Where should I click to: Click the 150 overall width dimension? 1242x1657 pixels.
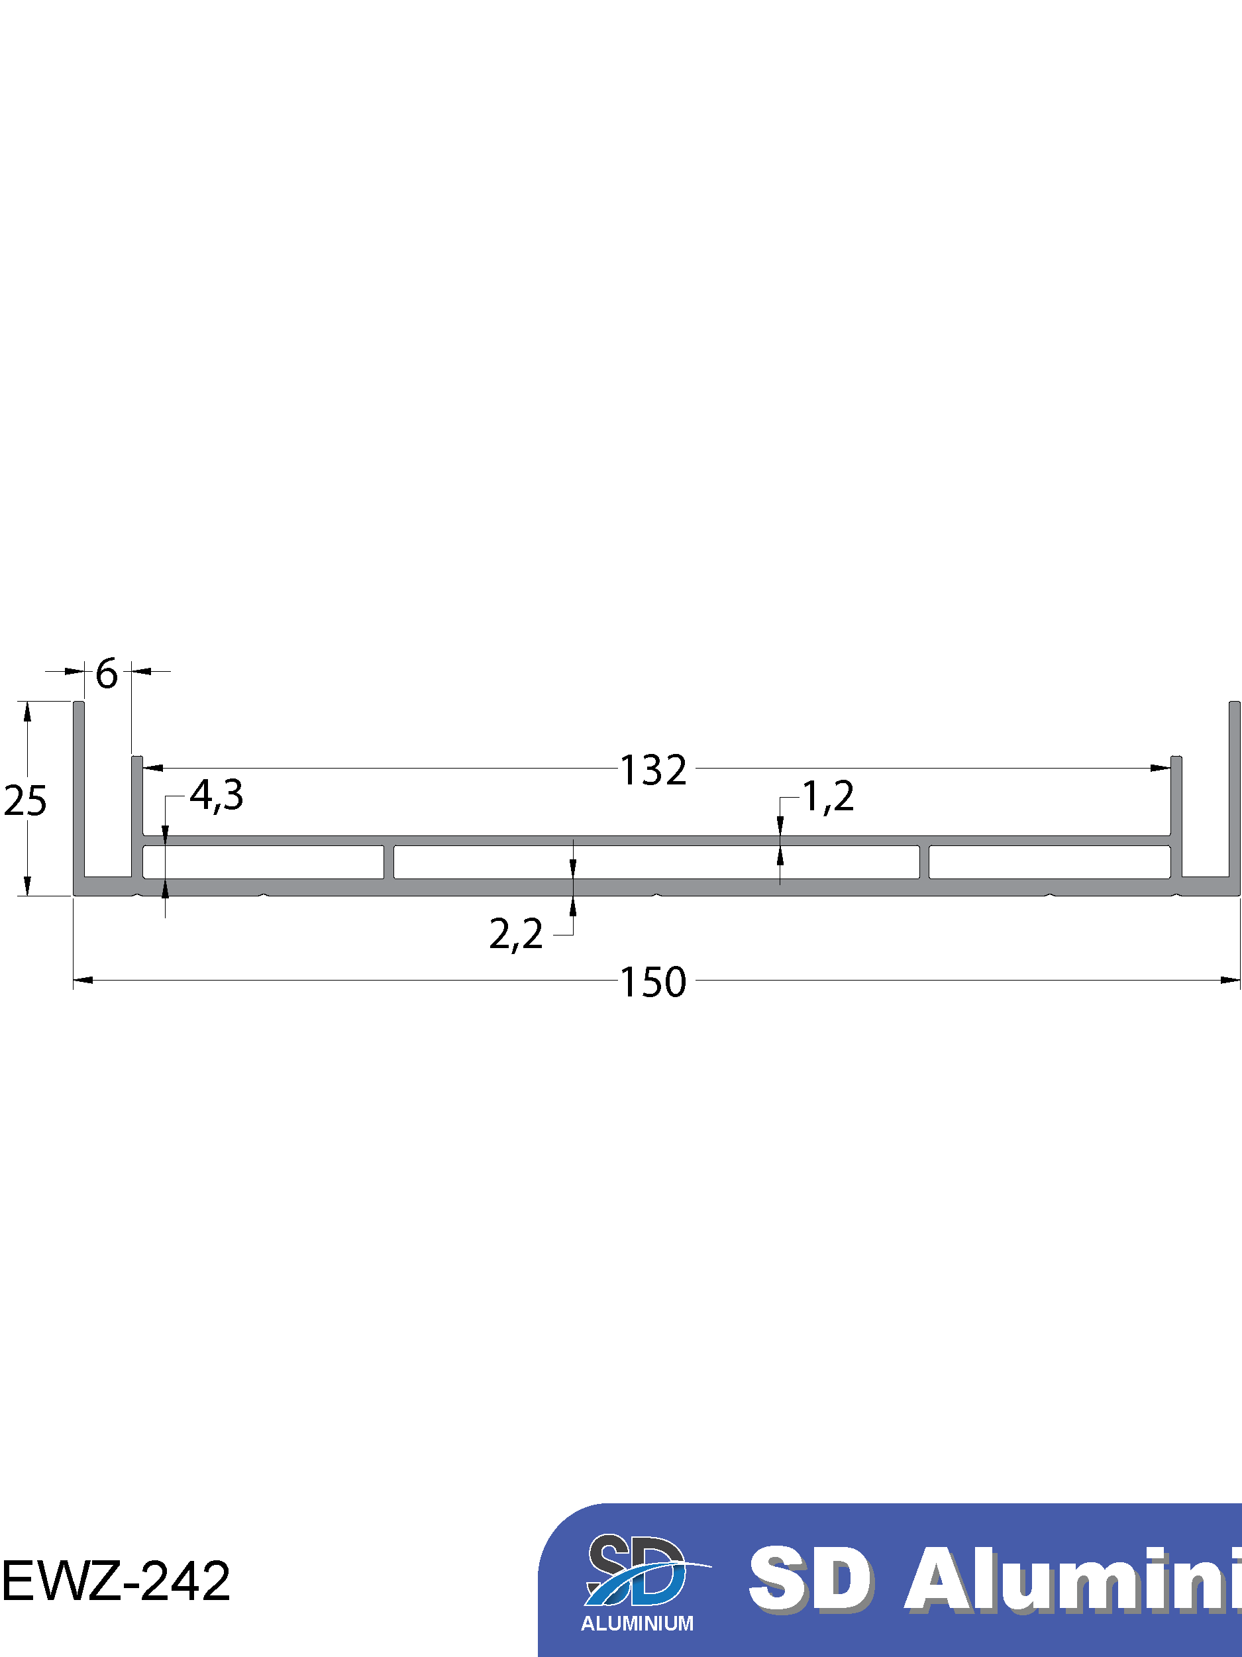pyautogui.click(x=653, y=982)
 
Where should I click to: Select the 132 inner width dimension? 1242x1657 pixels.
pyautogui.click(x=653, y=770)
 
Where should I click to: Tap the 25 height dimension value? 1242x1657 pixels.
pyautogui.click(x=25, y=801)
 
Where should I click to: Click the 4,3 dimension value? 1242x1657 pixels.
pyautogui.click(x=217, y=796)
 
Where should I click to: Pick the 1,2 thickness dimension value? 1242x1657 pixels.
pyautogui.click(x=829, y=796)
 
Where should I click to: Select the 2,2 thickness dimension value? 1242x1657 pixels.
pyautogui.click(x=516, y=935)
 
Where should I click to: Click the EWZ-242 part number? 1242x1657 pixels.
pyautogui.click(x=116, y=1581)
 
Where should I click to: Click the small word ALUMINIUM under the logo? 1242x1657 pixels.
pyautogui.click(x=637, y=1623)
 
